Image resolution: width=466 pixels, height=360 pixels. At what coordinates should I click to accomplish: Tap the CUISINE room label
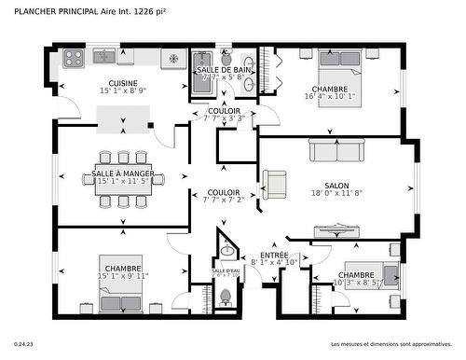tap(123, 83)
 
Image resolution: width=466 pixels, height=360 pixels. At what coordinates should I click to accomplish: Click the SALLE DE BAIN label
tap(221, 70)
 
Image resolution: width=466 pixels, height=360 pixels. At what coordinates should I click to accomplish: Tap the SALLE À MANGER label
tap(123, 173)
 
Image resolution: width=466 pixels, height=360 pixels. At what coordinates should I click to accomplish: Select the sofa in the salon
tap(336, 150)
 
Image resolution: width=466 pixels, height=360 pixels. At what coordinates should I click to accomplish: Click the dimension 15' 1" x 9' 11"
tap(123, 276)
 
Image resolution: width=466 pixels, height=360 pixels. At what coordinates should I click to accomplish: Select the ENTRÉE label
tap(274, 256)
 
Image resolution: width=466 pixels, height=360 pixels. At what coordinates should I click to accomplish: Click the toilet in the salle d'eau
tap(225, 298)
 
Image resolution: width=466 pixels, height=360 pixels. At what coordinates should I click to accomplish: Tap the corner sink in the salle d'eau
tap(226, 249)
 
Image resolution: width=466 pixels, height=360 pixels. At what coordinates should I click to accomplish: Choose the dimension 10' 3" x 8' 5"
tap(357, 283)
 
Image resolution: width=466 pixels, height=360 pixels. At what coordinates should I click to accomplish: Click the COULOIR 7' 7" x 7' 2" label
tap(224, 196)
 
